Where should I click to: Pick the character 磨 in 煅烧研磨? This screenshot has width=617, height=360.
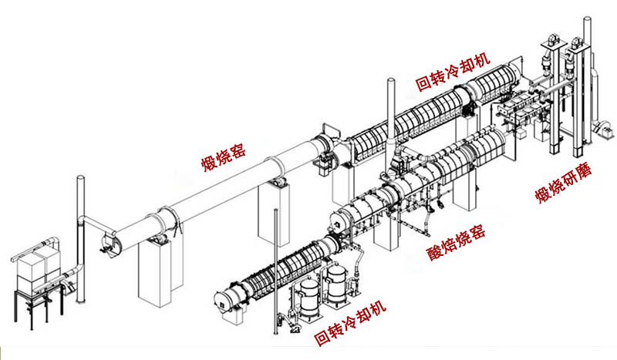click(585, 170)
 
